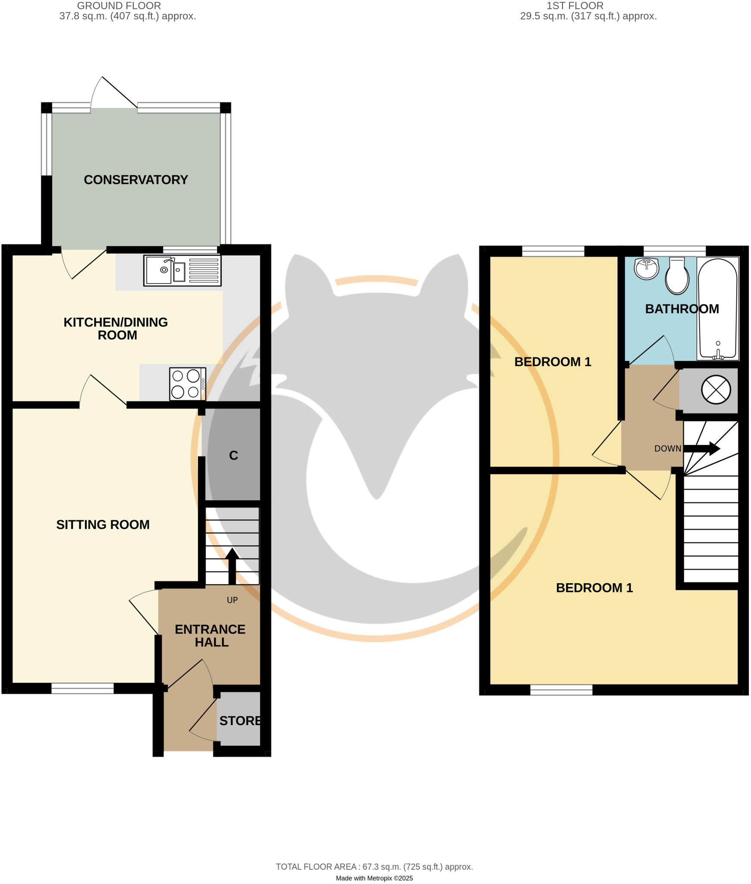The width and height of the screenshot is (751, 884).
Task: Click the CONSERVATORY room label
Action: pyautogui.click(x=135, y=180)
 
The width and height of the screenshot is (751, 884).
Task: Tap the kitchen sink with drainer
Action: pyautogui.click(x=182, y=271)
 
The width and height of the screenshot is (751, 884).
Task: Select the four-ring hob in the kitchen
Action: pyautogui.click(x=187, y=384)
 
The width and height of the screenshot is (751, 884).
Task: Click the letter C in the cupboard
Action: pyautogui.click(x=233, y=455)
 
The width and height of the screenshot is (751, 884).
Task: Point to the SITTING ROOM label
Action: pyautogui.click(x=103, y=524)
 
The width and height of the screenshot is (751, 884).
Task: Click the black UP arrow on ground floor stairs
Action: pyautogui.click(x=232, y=565)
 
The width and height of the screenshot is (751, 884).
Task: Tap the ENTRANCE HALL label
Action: pyautogui.click(x=210, y=635)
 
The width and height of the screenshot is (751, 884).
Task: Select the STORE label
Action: pyautogui.click(x=239, y=720)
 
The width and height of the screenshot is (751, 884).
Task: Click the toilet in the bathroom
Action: pyautogui.click(x=677, y=276)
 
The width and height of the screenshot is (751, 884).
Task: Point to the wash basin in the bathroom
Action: pyautogui.click(x=646, y=268)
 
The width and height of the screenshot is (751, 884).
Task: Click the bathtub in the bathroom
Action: pyautogui.click(x=717, y=309)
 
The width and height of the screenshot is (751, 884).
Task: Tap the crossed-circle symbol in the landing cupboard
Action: pyautogui.click(x=716, y=390)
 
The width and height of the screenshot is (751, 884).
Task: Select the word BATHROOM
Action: pyautogui.click(x=682, y=309)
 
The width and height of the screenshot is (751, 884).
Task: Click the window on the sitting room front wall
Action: pyautogui.click(x=82, y=688)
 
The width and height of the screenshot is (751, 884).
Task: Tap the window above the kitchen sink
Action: pyautogui.click(x=190, y=249)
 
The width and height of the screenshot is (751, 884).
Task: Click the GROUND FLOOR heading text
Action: pyautogui.click(x=119, y=6)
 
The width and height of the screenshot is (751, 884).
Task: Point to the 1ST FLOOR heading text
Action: pyautogui.click(x=575, y=6)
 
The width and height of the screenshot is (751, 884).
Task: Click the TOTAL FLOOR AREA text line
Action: pyautogui.click(x=374, y=867)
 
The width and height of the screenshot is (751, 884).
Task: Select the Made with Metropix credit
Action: pyautogui.click(x=374, y=878)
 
